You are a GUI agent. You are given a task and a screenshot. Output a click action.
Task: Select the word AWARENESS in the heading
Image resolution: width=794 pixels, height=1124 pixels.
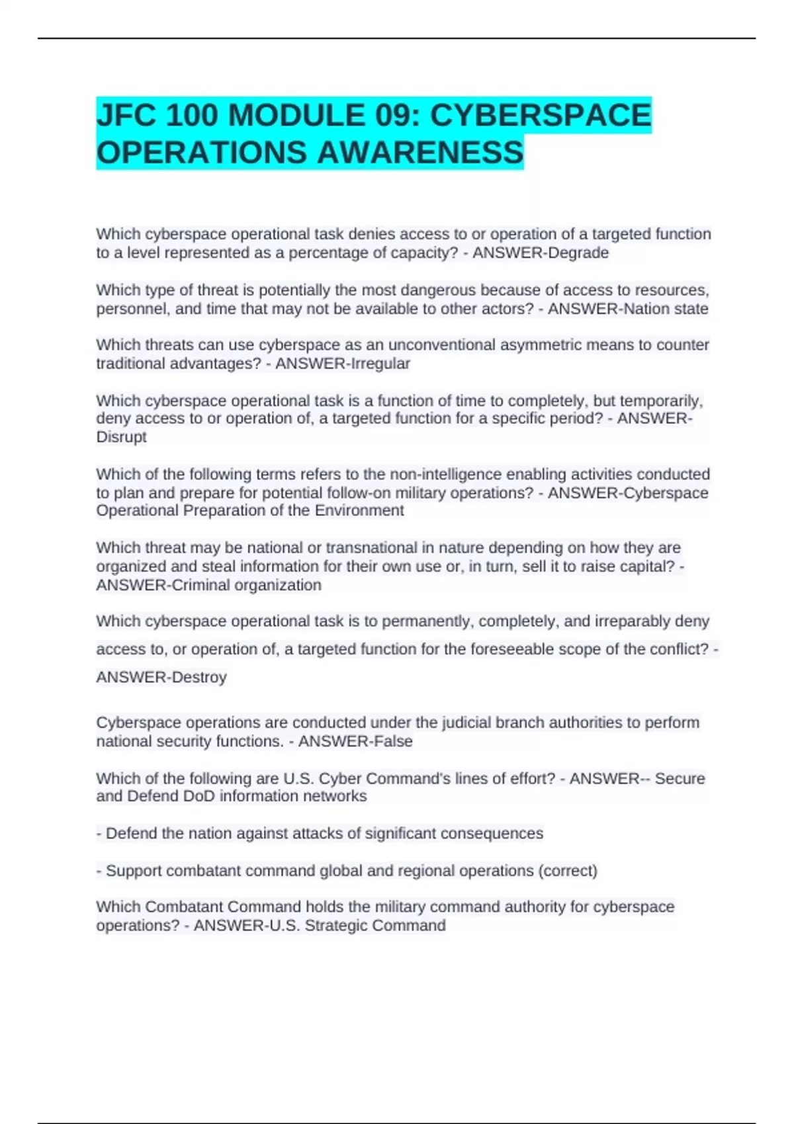tap(420, 153)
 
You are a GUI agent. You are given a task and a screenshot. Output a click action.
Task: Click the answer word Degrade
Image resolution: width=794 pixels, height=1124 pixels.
tap(574, 253)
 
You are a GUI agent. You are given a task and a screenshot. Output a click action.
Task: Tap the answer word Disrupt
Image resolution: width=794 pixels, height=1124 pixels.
tap(121, 437)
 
